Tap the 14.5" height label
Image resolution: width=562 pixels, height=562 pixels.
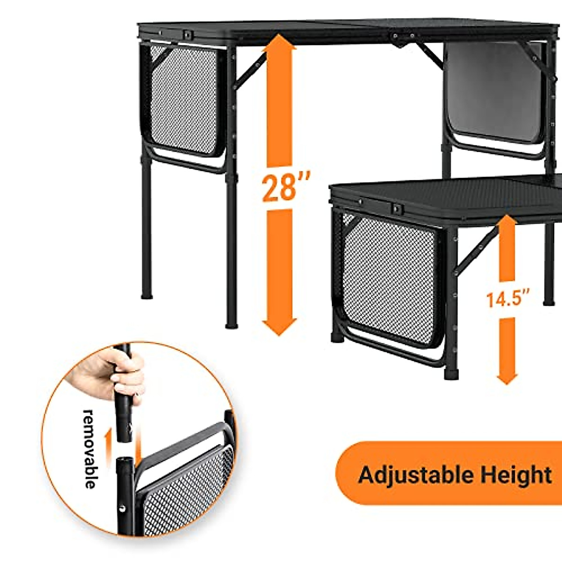(x=508, y=298)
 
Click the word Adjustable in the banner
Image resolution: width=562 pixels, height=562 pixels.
(x=409, y=475)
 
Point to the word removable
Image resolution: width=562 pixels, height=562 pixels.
(x=90, y=449)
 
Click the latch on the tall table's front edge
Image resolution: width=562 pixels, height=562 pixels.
(x=188, y=34)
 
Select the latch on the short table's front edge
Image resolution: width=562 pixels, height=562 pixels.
(x=397, y=208)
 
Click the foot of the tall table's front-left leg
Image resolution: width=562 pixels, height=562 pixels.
(x=231, y=324)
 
